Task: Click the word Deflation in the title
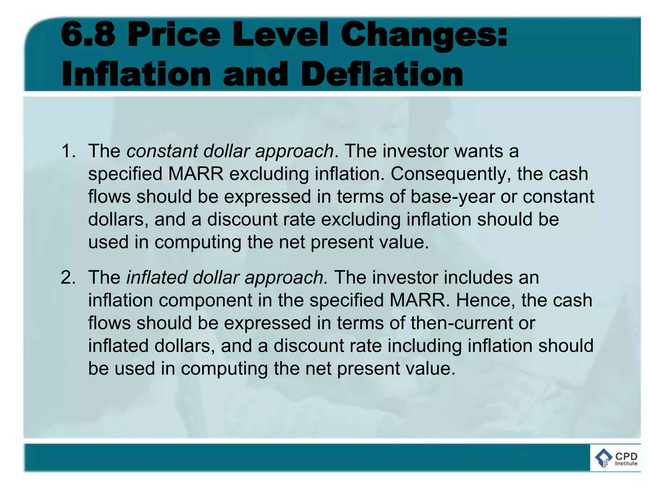click(x=382, y=75)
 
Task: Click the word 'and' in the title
click(x=255, y=75)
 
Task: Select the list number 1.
click(x=68, y=151)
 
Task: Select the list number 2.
click(x=68, y=277)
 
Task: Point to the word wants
click(x=479, y=151)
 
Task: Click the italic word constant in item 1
click(x=162, y=151)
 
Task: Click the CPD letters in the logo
click(x=626, y=456)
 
